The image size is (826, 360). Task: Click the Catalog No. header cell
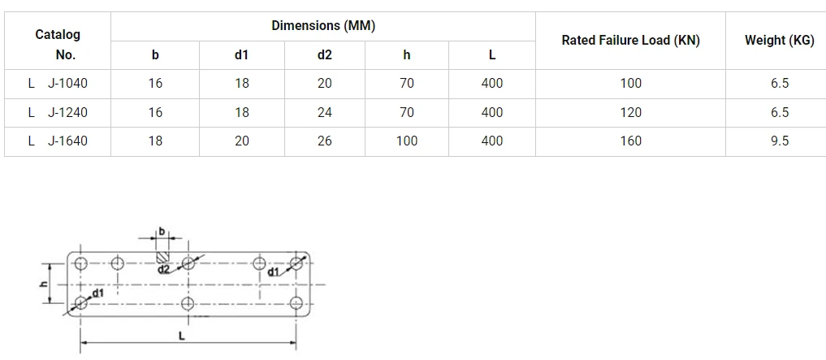pos(58,44)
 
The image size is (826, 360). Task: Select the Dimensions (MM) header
pos(323,25)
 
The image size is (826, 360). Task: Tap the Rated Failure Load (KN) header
pos(630,41)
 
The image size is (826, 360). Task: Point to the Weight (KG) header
pos(780,41)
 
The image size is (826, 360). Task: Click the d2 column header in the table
pos(325,54)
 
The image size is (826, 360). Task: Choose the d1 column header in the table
pos(241,54)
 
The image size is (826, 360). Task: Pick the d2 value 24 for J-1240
pos(325,112)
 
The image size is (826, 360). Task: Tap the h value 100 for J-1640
pos(407,141)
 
